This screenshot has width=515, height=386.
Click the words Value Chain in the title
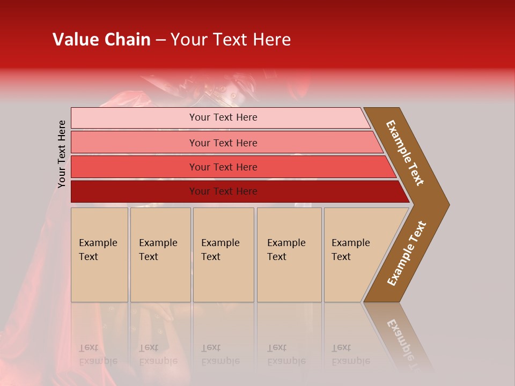(x=101, y=40)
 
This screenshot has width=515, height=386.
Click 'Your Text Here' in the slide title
(x=231, y=40)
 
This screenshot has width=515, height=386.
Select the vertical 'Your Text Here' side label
(x=62, y=154)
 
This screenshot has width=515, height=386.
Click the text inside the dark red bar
(x=223, y=191)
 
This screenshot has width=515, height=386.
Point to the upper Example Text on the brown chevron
(x=405, y=153)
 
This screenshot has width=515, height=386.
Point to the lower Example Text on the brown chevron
(x=406, y=254)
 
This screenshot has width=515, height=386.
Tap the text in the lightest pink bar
(x=223, y=117)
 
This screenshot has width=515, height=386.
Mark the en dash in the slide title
(x=160, y=40)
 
